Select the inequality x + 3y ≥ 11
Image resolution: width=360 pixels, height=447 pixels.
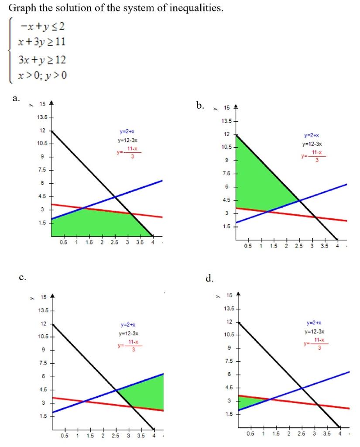click(x=42, y=43)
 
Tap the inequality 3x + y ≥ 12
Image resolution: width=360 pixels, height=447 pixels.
click(x=42, y=60)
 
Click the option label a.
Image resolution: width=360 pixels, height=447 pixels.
click(x=16, y=98)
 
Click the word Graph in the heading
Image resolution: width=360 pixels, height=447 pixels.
click(x=20, y=8)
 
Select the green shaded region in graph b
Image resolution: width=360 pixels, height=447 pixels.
click(x=257, y=179)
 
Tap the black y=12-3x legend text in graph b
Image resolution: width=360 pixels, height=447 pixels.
click(x=312, y=144)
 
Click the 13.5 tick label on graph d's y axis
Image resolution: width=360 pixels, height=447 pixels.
click(x=228, y=309)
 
